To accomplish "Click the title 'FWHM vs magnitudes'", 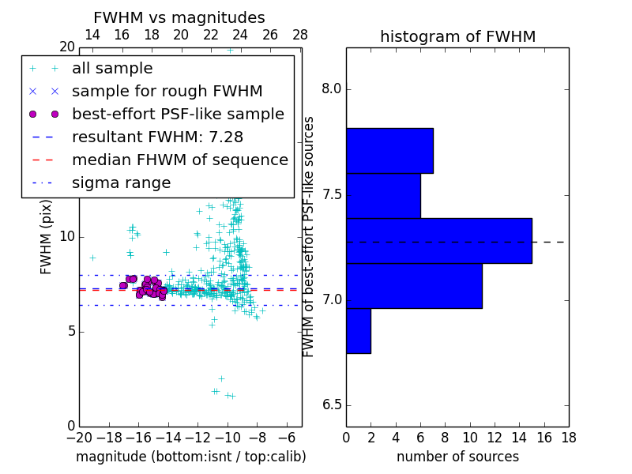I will (x=179, y=18).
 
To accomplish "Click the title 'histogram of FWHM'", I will (x=457, y=37).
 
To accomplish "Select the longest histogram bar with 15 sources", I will (x=438, y=241).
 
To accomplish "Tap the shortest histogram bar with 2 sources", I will (x=358, y=330).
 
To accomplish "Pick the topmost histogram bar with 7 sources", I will (x=389, y=150).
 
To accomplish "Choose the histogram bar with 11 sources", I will (x=414, y=285).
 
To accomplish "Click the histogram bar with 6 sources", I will (x=383, y=195).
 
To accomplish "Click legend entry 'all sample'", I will (x=112, y=69).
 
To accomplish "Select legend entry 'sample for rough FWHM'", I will (x=167, y=92).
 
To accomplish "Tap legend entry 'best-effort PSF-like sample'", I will (x=178, y=115).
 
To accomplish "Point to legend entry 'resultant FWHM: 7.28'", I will (x=157, y=137).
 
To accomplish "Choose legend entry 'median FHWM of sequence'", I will (x=179, y=160).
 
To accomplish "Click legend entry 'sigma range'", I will (x=121, y=183).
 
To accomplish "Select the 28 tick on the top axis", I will (x=300, y=35).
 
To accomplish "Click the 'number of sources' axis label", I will (x=457, y=457).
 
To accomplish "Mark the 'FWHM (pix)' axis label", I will (x=47, y=237).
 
